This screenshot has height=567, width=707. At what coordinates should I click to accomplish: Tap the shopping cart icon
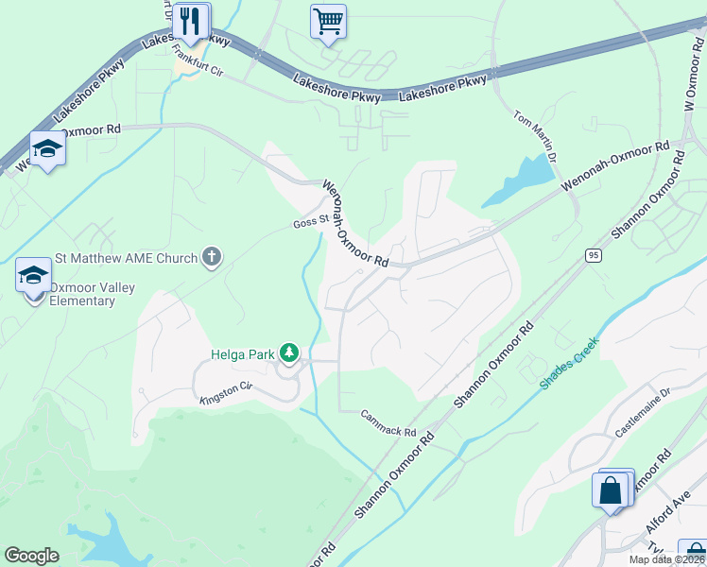coord(328,20)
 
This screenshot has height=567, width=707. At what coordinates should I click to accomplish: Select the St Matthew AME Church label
coord(126,258)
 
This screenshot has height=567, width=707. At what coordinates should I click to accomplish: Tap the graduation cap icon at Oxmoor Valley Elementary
coord(33,276)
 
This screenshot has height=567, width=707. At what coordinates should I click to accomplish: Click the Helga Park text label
coord(241,355)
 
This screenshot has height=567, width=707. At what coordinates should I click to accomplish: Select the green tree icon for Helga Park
coord(288,354)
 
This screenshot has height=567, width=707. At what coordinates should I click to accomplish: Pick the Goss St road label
coord(310,223)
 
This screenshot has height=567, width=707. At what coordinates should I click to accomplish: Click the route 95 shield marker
coord(594,255)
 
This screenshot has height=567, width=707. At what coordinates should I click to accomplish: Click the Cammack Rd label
coord(388,423)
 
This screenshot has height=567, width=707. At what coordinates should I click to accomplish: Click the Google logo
coord(32,556)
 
